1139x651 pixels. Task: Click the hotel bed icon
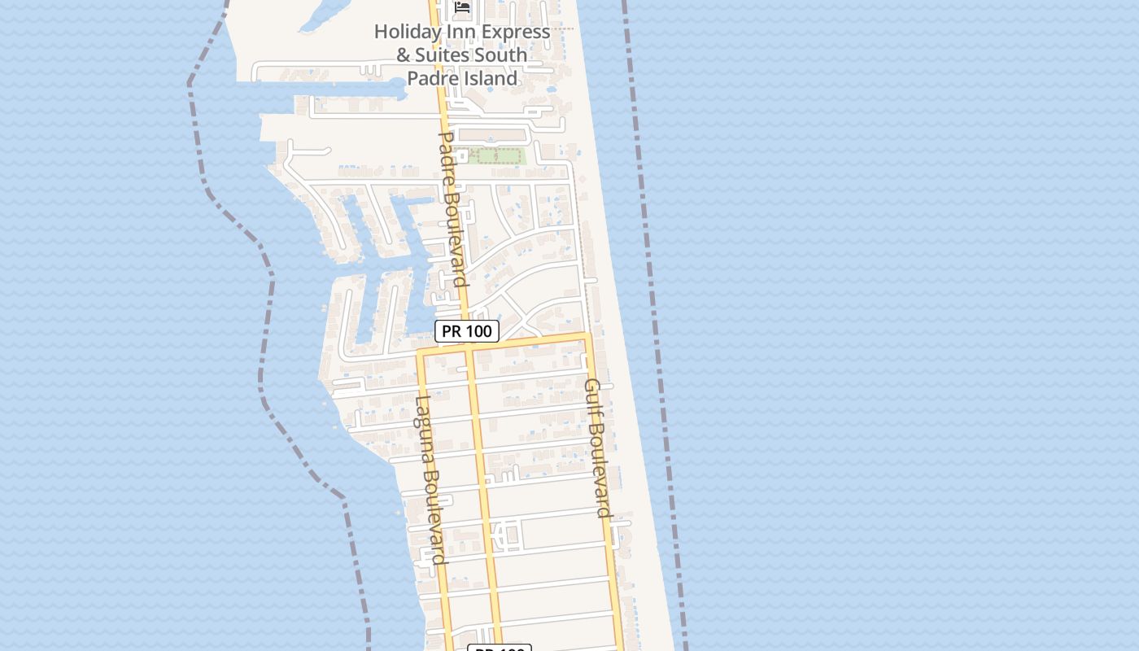(x=463, y=7)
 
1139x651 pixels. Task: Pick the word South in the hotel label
(x=502, y=56)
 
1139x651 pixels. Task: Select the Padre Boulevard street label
(x=452, y=209)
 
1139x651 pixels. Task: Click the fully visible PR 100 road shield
(x=466, y=331)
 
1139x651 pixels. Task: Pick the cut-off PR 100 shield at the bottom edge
(x=499, y=648)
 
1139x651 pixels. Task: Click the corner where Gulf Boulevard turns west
(x=587, y=335)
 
